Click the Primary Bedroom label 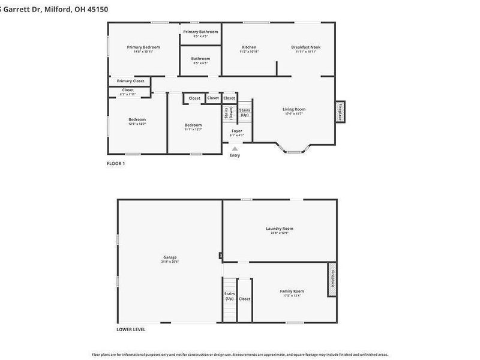pos(143,47)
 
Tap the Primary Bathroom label pos(200,32)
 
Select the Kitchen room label pos(249,47)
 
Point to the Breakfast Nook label pos(305,47)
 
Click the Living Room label pos(294,109)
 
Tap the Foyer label pos(236,130)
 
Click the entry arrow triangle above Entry pos(235,148)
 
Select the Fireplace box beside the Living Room pos(340,112)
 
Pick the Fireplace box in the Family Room pos(332,280)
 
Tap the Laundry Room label pos(280,229)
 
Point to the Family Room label pos(292,291)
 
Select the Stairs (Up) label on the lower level pos(229,296)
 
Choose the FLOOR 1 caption pos(116,163)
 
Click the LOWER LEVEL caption pos(131,329)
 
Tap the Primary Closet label pos(130,81)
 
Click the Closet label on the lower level pos(245,298)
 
